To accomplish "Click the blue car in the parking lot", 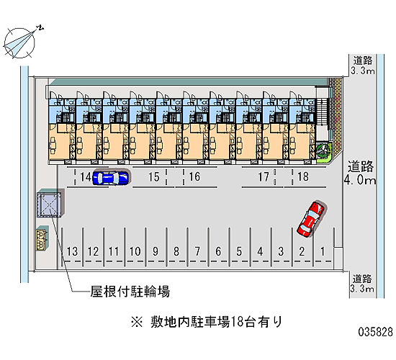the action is (111, 178).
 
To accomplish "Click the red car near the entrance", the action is (310, 220).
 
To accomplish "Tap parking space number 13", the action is (72, 251).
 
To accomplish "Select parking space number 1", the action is (323, 251).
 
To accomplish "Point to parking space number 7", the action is (197, 251).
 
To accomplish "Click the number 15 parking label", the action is (154, 177).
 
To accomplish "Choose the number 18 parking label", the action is (303, 176).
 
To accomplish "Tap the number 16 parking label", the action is (194, 176).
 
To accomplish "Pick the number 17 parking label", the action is (264, 177).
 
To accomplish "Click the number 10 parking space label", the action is (135, 251).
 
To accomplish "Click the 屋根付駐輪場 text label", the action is (130, 292).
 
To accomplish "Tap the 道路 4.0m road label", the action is (360, 173).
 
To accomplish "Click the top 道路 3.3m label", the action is (363, 66).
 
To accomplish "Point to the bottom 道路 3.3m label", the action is (362, 284).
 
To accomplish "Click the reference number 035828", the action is (376, 332).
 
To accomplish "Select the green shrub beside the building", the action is (323, 150).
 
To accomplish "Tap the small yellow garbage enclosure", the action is (42, 239).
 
